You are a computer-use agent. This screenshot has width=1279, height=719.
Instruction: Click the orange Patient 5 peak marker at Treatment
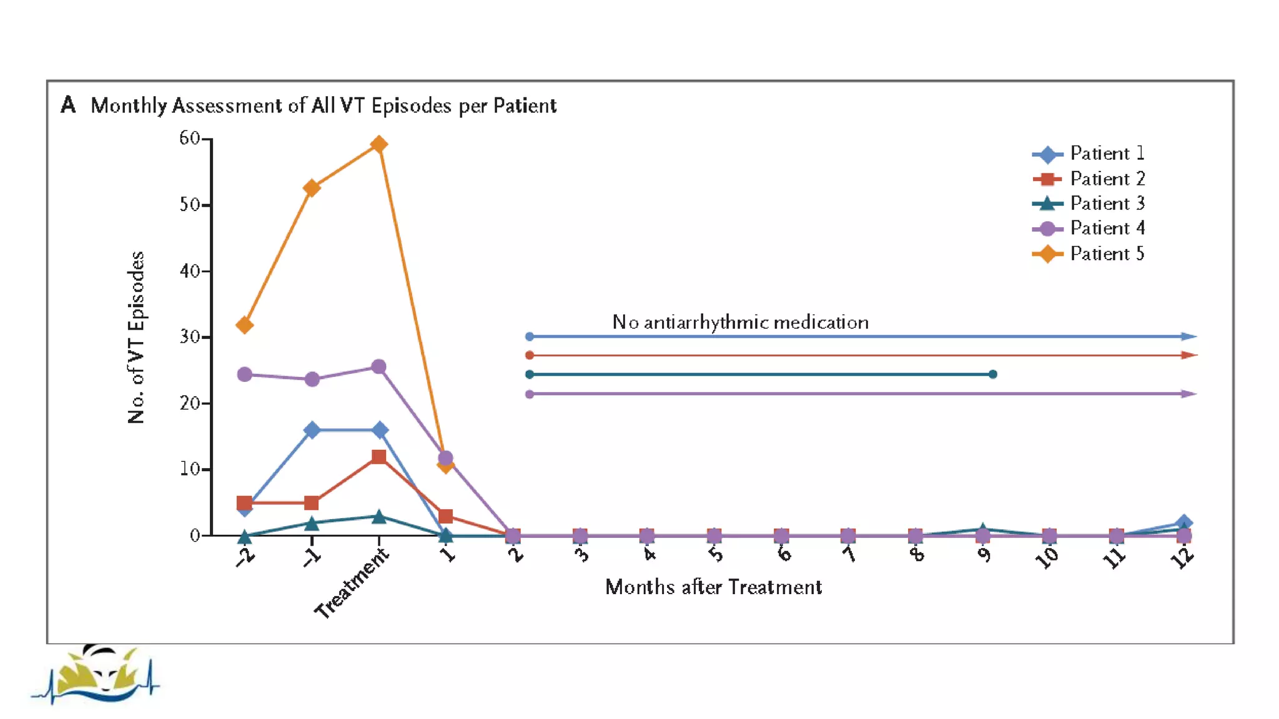coord(378,145)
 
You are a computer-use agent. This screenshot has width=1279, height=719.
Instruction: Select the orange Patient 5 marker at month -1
coord(312,188)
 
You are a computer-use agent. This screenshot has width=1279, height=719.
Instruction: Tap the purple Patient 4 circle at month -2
coord(245,374)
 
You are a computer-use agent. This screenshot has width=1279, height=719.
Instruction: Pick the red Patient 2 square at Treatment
coord(378,457)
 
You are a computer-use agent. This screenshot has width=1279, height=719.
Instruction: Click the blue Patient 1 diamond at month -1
coord(312,430)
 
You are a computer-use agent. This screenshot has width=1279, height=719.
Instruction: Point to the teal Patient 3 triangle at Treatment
coord(378,517)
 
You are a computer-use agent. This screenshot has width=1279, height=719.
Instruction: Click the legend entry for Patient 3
coord(1106,203)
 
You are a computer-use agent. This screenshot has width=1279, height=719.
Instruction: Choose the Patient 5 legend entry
coord(1106,254)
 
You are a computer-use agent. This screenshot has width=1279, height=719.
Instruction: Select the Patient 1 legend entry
coord(1106,154)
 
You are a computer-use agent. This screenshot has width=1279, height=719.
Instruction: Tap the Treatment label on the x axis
coord(352,584)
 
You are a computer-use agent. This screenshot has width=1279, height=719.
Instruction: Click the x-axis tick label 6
coord(784,553)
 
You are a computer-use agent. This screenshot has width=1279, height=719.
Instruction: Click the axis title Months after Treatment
coord(713,587)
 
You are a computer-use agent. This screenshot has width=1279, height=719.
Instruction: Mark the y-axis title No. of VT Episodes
coord(136,337)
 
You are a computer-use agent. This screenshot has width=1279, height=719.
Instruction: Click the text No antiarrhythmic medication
coord(740,322)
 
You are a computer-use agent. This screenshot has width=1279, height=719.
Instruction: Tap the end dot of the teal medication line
coord(993,374)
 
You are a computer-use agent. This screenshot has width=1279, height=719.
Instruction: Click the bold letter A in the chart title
coord(68,105)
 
